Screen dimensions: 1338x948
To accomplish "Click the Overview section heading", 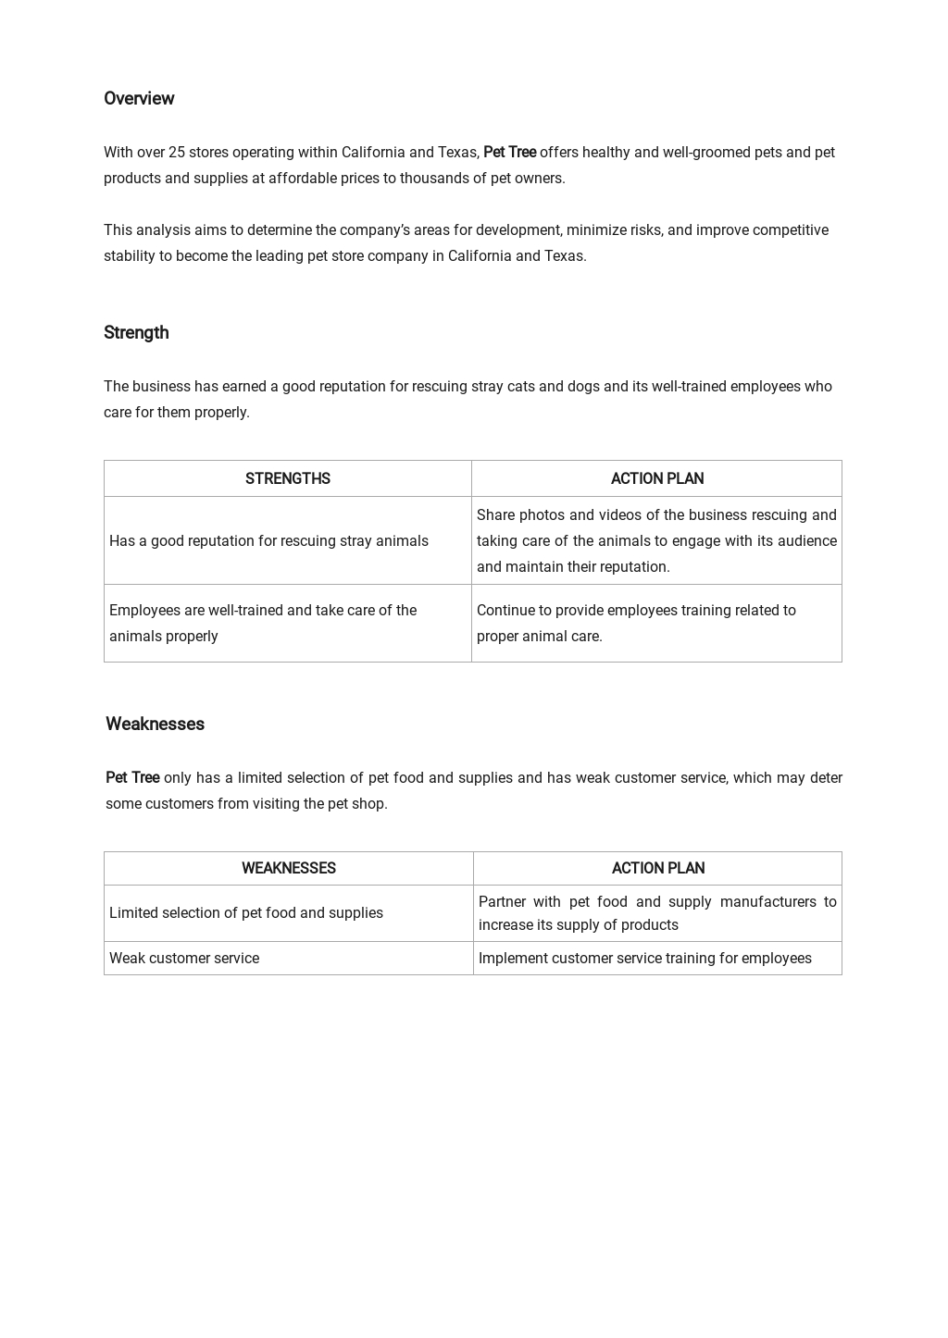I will [x=139, y=98].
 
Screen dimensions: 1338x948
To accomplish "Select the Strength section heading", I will [x=136, y=332].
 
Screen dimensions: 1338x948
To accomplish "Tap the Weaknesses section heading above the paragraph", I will [x=155, y=724].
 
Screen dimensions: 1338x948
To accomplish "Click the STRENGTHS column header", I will [x=287, y=478].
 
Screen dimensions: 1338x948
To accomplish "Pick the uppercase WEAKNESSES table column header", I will [x=288, y=868].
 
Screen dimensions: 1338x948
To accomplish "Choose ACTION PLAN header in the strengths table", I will [x=656, y=478].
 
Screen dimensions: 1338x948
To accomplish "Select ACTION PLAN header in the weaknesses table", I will [x=657, y=868].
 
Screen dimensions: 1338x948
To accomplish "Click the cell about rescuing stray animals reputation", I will [x=268, y=540].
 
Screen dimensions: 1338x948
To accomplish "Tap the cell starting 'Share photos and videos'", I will [x=656, y=540].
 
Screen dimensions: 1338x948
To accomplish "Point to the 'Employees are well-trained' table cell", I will [x=263, y=623].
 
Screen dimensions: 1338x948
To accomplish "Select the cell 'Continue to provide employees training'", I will [x=636, y=623].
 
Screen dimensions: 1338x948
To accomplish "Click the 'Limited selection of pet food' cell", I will [x=246, y=912].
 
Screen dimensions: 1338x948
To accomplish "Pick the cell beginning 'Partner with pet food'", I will [x=656, y=912].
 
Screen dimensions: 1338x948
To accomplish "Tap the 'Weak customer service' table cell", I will [x=184, y=958].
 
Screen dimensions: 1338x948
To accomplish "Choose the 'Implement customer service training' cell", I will [x=644, y=958].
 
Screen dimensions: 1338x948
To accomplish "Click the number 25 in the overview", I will [x=176, y=152].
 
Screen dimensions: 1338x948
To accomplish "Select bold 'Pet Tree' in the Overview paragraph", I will [x=509, y=152].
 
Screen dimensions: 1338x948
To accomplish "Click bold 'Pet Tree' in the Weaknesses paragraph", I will [x=132, y=777].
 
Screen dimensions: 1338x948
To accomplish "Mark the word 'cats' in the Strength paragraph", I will [x=520, y=386].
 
